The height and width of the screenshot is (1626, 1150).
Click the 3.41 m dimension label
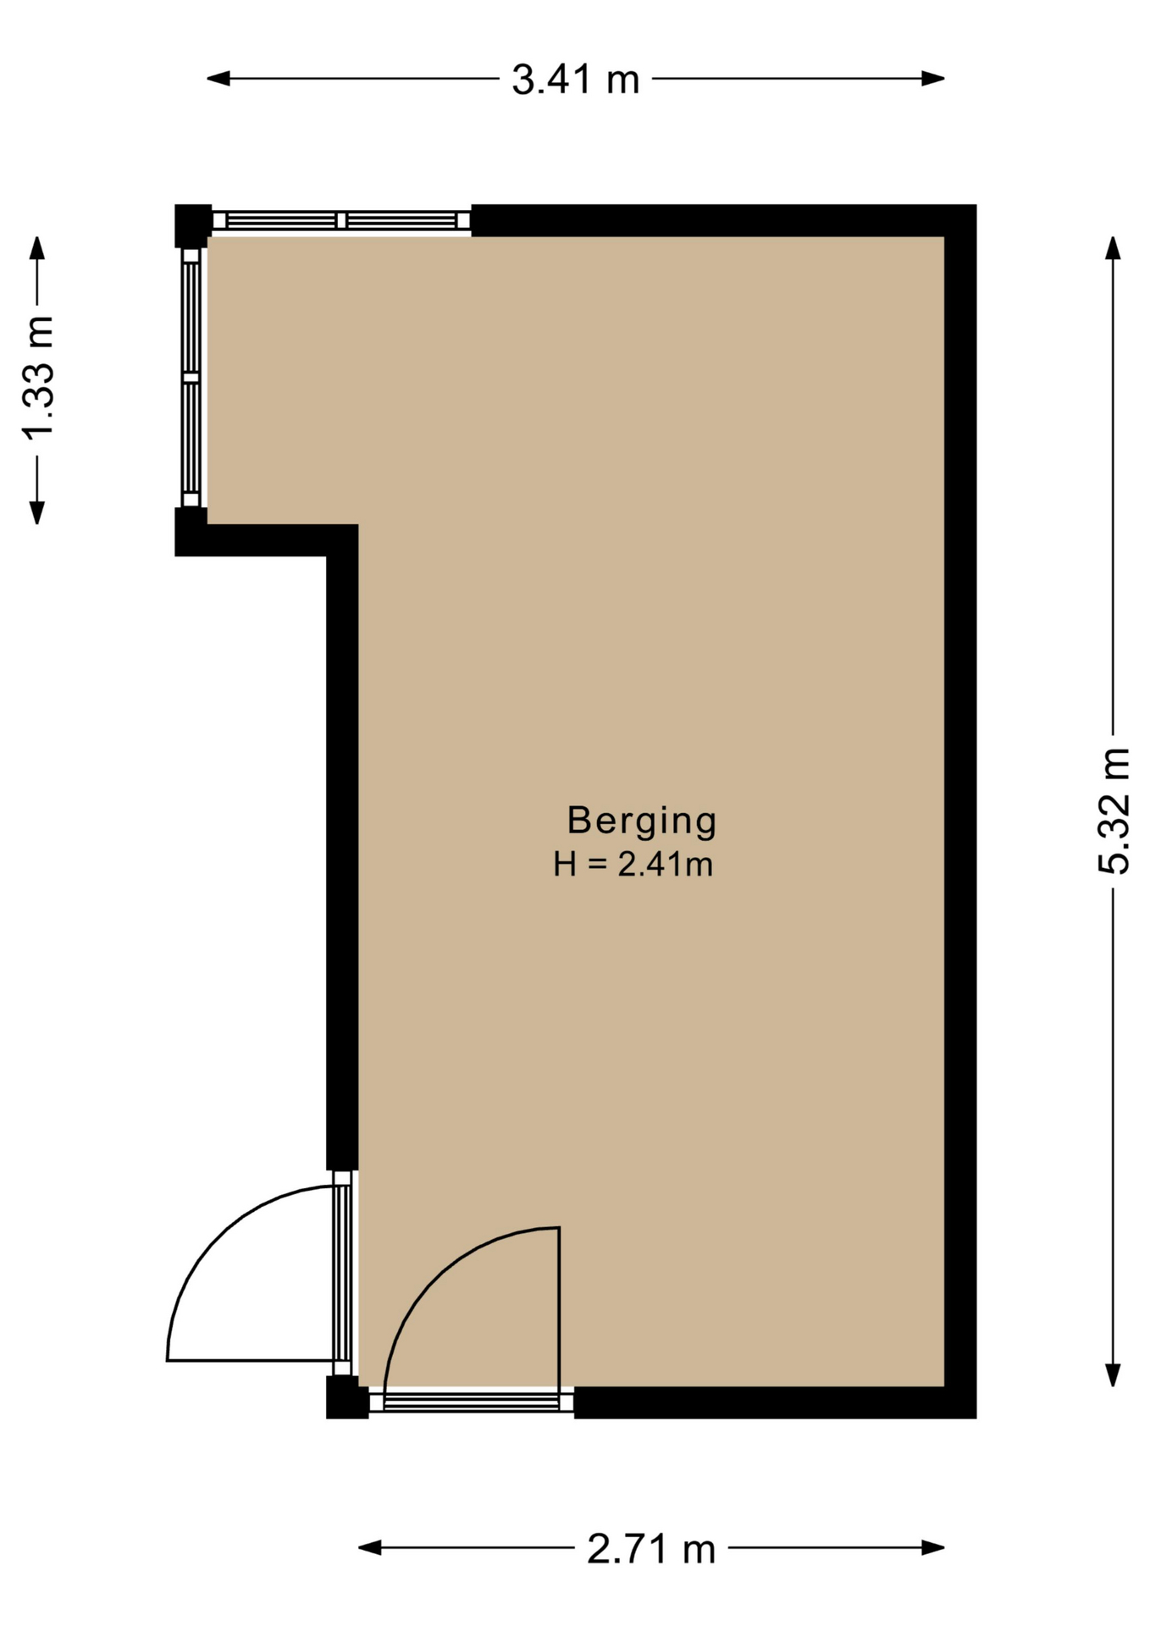click(575, 80)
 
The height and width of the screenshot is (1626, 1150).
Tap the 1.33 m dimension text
click(38, 379)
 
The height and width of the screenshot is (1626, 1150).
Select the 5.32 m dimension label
click(1114, 810)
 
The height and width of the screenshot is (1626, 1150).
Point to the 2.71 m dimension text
click(651, 1549)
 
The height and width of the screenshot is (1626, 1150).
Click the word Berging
click(642, 820)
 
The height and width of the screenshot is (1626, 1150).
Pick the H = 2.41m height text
click(633, 865)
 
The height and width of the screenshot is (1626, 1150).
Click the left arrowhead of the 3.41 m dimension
click(218, 79)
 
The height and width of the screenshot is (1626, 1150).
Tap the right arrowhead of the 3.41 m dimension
click(933, 79)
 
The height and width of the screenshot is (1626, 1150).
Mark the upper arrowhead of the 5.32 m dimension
click(1114, 248)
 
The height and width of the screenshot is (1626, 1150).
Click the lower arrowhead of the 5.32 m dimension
click(1114, 1375)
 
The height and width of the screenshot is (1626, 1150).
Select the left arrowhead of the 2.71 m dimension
click(369, 1548)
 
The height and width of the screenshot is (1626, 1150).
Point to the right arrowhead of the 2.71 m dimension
click(933, 1548)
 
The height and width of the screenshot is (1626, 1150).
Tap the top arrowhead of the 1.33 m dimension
click(37, 248)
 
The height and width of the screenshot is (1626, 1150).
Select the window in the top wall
click(341, 221)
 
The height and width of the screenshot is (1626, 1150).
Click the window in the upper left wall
click(191, 378)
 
